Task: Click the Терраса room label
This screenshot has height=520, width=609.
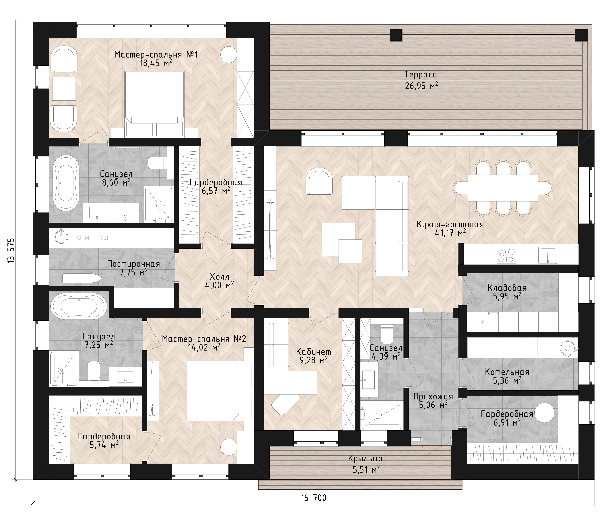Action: tap(421, 74)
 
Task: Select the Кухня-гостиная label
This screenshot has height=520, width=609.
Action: tap(450, 225)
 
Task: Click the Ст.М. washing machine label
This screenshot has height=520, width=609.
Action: tap(84, 238)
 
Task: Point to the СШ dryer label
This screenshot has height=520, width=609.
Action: tap(104, 238)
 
